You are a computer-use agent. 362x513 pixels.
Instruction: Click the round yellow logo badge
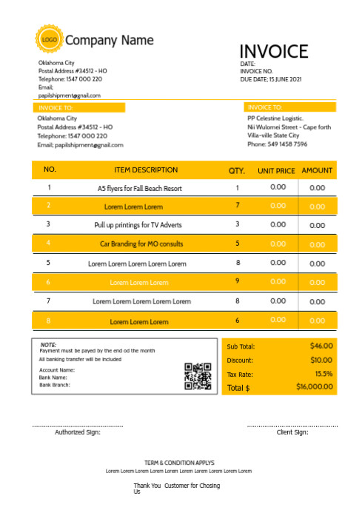(49, 39)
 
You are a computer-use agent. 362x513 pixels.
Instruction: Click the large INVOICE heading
(273, 51)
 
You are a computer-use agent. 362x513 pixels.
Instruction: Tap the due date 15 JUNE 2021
(285, 78)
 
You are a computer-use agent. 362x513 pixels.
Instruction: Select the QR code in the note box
(198, 376)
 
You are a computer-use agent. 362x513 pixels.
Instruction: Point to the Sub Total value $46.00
(321, 346)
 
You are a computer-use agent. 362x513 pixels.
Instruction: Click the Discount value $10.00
(321, 360)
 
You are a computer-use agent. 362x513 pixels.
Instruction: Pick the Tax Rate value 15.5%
(324, 374)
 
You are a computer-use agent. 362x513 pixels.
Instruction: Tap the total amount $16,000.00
(315, 387)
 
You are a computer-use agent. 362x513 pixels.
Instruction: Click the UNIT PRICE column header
(276, 171)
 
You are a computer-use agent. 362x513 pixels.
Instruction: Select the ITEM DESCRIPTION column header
(146, 170)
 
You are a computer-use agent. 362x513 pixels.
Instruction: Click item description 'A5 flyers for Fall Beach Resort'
(140, 189)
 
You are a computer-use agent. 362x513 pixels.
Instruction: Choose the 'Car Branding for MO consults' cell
(141, 244)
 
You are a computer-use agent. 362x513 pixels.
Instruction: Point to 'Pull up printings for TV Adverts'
(138, 224)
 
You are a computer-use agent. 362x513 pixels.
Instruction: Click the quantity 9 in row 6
(238, 281)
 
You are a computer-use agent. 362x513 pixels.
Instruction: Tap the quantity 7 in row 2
(238, 205)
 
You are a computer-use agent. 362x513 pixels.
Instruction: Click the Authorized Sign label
(77, 432)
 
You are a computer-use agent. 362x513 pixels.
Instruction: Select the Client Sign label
(292, 432)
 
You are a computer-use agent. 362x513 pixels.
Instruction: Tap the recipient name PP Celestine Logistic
(275, 118)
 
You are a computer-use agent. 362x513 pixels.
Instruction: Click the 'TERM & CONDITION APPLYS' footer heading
(179, 462)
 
